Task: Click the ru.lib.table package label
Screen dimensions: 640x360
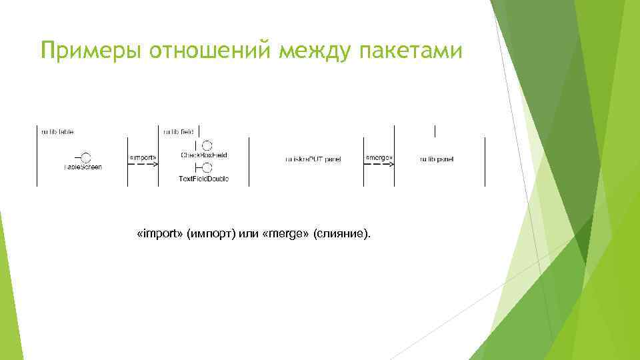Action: (58, 132)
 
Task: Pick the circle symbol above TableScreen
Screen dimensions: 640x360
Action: (85, 157)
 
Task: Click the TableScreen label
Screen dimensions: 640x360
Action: (83, 167)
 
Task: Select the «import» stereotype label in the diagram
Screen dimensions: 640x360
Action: (143, 157)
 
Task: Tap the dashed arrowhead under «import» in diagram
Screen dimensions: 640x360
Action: (155, 165)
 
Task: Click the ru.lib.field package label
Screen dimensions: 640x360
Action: (177, 132)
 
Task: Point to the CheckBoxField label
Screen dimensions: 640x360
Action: (204, 155)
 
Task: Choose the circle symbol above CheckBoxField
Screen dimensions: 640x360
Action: (207, 145)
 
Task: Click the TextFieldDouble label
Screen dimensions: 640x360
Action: (204, 179)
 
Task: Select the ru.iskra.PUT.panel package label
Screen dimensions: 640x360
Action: (313, 159)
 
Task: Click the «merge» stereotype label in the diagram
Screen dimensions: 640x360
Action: (379, 157)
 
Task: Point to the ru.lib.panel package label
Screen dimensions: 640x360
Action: (437, 159)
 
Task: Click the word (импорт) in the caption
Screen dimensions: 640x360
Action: (211, 235)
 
